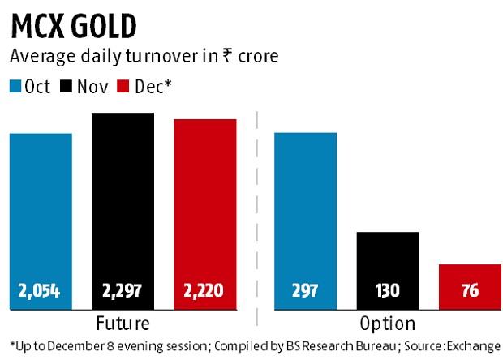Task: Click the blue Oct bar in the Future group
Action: tap(41, 211)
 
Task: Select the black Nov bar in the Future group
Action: tap(123, 203)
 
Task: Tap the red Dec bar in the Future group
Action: tap(205, 207)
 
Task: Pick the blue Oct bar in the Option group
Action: tap(306, 211)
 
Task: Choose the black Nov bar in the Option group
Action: tap(388, 259)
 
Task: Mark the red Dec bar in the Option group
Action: tap(470, 276)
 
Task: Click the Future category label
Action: tap(123, 324)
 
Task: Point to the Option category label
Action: tap(388, 324)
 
